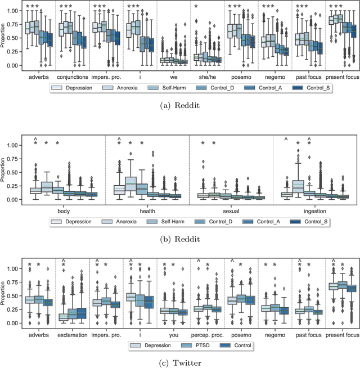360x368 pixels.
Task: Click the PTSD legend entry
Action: tap(195, 345)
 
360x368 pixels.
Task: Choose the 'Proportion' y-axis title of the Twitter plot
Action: tap(7, 295)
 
